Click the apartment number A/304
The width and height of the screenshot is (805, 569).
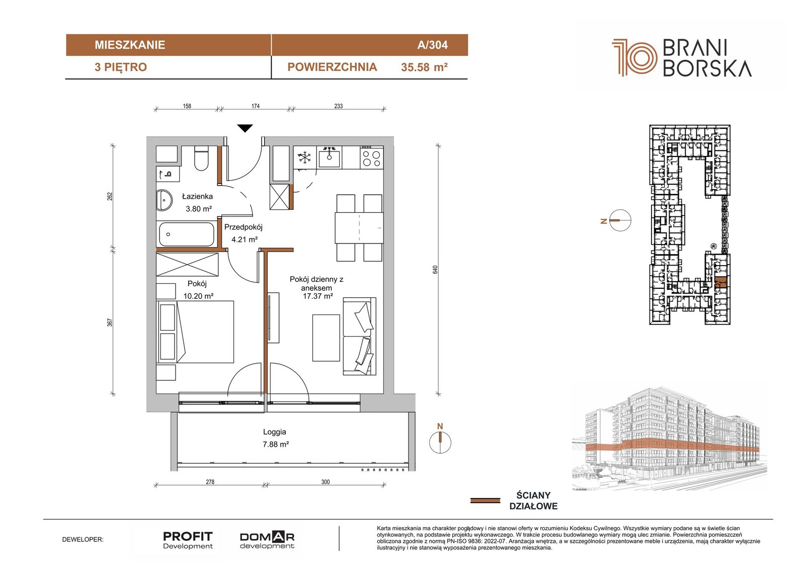coord(432,45)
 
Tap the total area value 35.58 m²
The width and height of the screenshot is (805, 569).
coord(424,67)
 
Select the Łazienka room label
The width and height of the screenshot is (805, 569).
coord(197,197)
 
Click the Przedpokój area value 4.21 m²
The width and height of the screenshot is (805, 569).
coord(245,239)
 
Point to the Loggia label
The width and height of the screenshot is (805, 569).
coord(275,432)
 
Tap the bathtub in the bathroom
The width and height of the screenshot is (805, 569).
coord(187,234)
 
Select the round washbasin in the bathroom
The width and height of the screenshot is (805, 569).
coord(164,200)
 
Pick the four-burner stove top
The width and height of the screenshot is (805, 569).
coord(371,158)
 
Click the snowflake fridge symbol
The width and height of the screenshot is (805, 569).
coord(304,158)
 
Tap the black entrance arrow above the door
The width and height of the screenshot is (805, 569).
coord(245,128)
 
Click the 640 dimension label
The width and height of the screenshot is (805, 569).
coord(435,270)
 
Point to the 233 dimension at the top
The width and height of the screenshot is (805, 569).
coord(339,106)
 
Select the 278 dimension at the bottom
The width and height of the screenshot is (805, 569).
coord(210,482)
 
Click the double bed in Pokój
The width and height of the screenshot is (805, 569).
coord(195,332)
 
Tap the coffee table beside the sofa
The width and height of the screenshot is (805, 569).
coord(326,338)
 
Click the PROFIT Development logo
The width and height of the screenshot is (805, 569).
coord(188,540)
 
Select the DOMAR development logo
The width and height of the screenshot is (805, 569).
coord(267,540)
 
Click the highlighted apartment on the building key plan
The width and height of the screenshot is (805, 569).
coord(720,283)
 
